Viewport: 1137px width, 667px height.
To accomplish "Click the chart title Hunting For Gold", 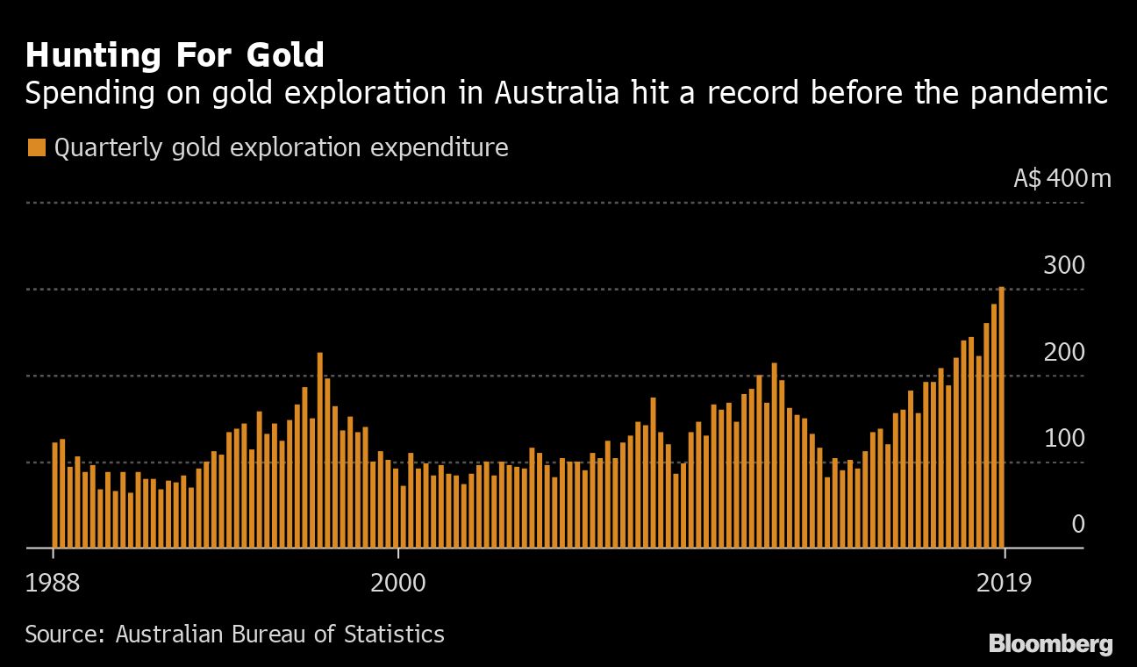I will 175,55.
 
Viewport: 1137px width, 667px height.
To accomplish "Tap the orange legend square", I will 36,147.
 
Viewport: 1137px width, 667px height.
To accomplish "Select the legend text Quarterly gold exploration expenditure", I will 281,147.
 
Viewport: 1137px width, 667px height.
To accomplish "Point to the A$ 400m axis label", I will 1062,179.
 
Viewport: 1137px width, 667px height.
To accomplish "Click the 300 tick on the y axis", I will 1063,265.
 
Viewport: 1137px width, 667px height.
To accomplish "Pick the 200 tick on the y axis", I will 1063,352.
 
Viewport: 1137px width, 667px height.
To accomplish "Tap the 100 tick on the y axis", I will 1063,438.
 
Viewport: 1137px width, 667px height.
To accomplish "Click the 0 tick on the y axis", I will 1077,524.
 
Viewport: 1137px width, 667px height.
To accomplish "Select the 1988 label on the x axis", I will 54,583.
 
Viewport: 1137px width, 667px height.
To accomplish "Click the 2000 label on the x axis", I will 398,583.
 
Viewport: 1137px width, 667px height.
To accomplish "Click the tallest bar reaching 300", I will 1001,417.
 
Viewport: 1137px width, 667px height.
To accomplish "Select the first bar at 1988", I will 54,495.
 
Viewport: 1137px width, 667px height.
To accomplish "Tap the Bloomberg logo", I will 1050,644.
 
